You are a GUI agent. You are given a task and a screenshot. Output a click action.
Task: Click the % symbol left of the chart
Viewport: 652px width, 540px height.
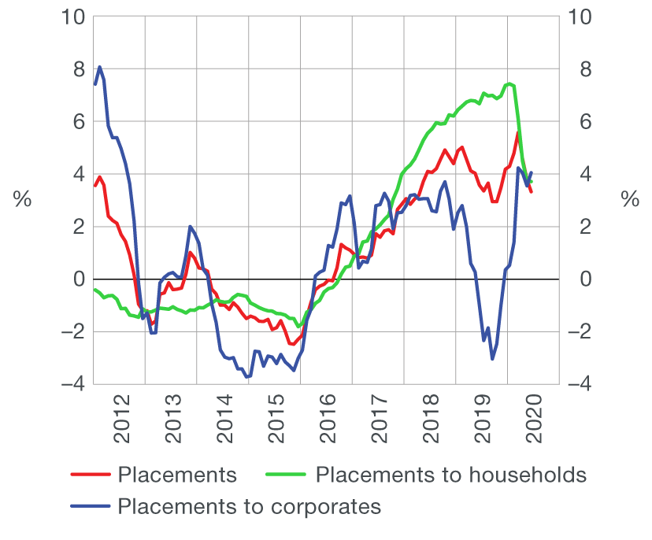coord(22,200)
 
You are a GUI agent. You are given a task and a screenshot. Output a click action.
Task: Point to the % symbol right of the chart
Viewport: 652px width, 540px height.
coord(630,200)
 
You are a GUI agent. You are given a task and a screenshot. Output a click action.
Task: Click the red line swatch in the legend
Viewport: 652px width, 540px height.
coord(90,475)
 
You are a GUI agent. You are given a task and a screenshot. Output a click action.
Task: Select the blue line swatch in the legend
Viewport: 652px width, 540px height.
coord(90,506)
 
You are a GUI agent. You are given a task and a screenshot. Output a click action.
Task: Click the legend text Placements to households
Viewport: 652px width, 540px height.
coord(450,475)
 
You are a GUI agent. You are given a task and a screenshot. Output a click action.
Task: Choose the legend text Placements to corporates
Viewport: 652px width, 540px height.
coord(249,506)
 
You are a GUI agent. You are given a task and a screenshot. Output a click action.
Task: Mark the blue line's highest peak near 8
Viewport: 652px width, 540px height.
coord(100,67)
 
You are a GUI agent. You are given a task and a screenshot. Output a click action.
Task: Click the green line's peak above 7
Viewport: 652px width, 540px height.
coord(509,83)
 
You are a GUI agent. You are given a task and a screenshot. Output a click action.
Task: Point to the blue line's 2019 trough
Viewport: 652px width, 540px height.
coord(492,359)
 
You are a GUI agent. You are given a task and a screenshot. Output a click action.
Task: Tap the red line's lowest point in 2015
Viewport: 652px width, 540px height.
coord(291,344)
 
